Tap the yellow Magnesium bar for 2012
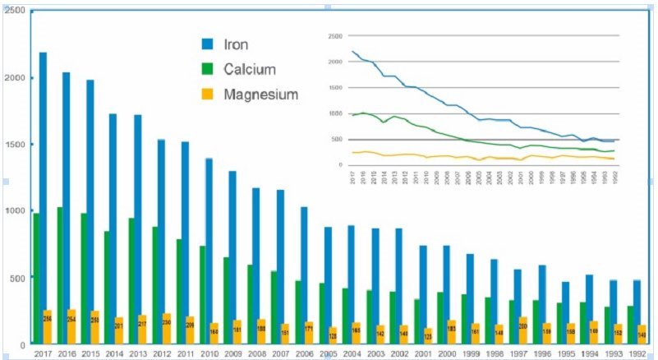(x=167, y=328)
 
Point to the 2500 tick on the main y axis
(x=14, y=12)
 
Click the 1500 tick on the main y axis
(x=14, y=145)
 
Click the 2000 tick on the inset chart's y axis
(x=334, y=62)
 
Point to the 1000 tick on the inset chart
(x=334, y=113)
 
